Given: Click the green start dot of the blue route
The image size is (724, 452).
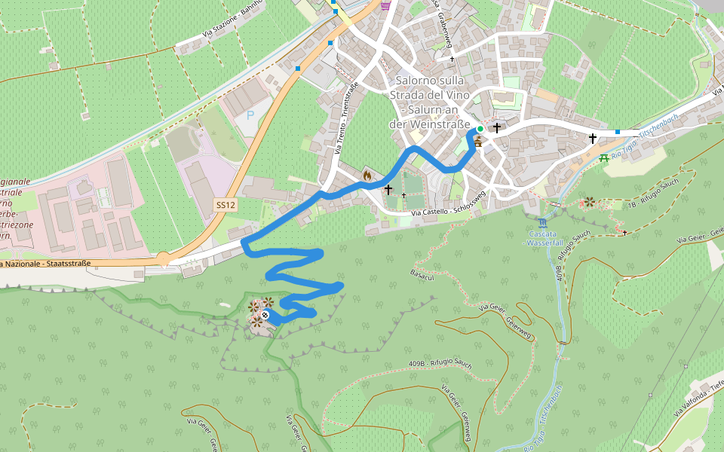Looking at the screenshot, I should (x=480, y=129).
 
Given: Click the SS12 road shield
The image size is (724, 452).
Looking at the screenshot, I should (x=225, y=205).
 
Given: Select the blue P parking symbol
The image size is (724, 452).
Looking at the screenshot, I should (x=250, y=115).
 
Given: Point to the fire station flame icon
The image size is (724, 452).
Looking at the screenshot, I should (x=367, y=175).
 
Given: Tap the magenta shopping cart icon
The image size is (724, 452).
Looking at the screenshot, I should (x=386, y=6).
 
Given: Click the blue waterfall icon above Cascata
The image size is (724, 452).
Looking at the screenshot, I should (x=543, y=223).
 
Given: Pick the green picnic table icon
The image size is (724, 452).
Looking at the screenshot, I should (x=603, y=157).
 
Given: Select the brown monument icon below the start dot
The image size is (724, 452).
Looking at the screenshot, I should (x=478, y=141).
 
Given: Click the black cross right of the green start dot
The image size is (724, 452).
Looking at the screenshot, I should (x=497, y=128).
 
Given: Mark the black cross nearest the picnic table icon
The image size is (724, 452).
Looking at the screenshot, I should (x=593, y=138).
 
